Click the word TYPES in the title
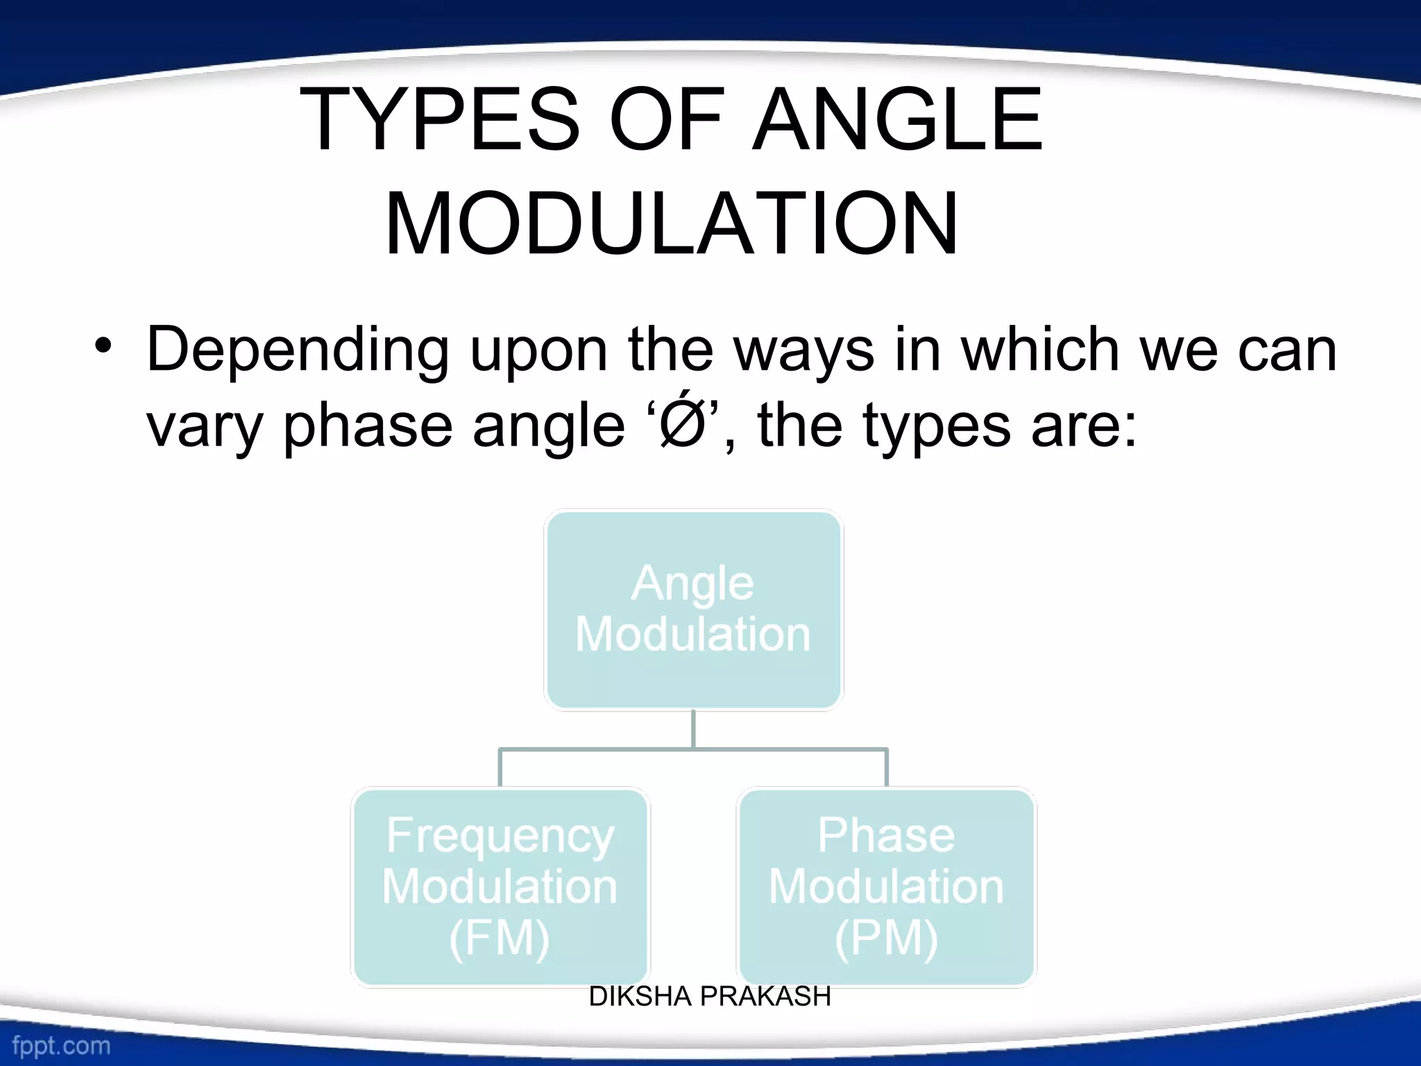[439, 119]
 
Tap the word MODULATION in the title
[672, 225]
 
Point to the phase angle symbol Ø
[681, 425]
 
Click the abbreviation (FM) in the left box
[500, 939]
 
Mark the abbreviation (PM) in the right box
[886, 939]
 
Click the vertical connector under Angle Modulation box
[693, 729]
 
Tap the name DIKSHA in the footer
[640, 997]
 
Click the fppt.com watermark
[61, 1045]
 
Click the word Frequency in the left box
[500, 836]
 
